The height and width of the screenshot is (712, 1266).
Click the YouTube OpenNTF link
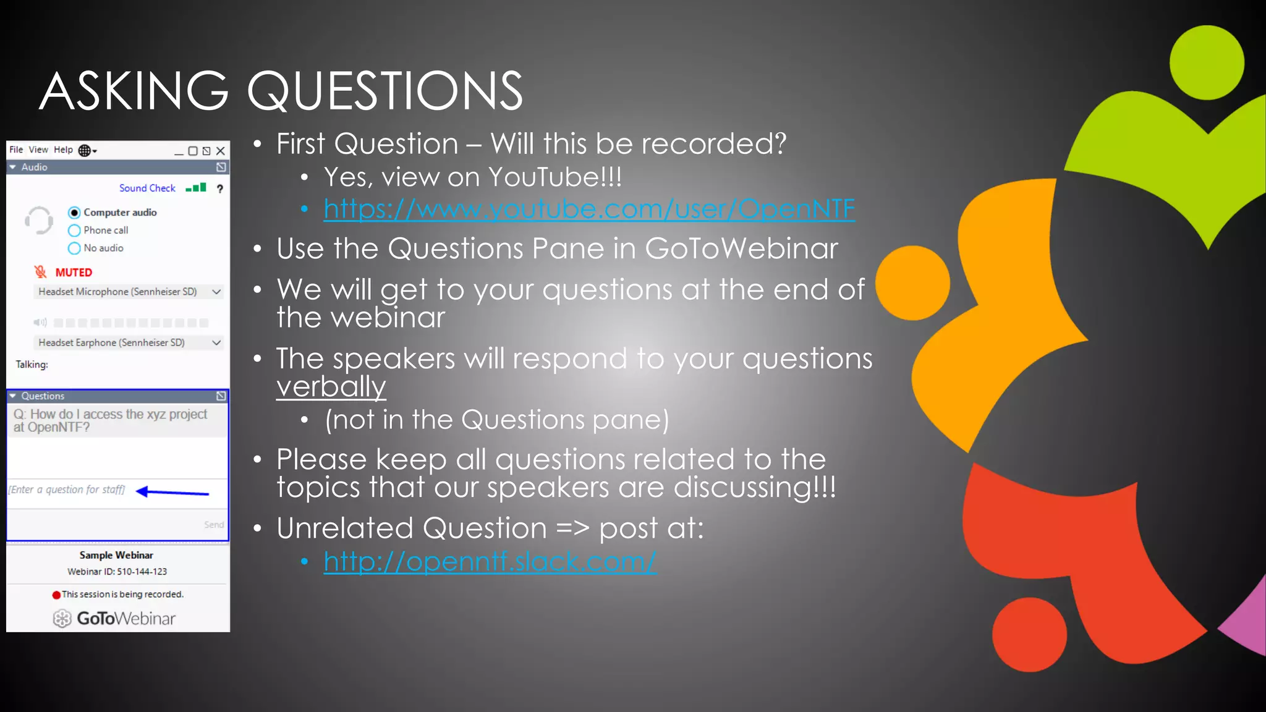point(588,209)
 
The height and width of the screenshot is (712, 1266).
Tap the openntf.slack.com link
point(489,561)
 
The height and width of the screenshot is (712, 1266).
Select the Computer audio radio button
point(74,213)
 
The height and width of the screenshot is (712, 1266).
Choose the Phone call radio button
point(74,231)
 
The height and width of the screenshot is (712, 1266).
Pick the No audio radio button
point(74,248)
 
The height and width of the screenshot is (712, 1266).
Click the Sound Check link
point(147,188)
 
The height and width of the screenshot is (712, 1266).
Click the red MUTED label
point(74,273)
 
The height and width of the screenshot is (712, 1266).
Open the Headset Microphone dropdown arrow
point(216,292)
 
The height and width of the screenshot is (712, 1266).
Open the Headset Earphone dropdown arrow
point(216,342)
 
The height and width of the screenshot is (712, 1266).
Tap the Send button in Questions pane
point(214,525)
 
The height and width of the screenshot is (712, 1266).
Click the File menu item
point(16,150)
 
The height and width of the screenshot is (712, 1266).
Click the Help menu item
point(63,150)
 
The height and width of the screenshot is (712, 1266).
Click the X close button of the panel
point(221,151)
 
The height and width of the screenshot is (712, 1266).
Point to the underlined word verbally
point(331,388)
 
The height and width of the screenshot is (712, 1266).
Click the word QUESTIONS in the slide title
point(384,91)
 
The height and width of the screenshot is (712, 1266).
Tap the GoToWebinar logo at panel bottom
point(115,618)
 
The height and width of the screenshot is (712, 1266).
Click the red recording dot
point(56,595)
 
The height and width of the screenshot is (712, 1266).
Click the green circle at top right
point(1206,62)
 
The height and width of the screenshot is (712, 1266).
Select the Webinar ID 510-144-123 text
point(117,572)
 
